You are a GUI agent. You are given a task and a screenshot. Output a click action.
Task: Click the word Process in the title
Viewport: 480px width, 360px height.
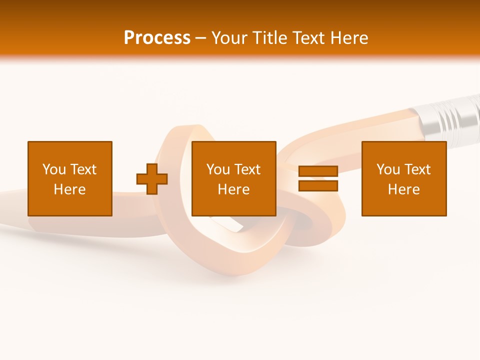point(157,38)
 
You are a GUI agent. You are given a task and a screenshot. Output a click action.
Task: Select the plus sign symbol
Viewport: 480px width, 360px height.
point(152,179)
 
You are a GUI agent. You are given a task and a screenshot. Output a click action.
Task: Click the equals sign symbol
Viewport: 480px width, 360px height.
point(318,178)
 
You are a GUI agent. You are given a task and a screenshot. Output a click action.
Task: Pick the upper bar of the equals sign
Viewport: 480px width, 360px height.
point(318,171)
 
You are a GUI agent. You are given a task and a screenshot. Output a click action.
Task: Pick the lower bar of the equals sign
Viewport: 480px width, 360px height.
point(318,185)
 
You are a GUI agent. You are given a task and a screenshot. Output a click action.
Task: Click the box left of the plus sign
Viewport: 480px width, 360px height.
point(70,178)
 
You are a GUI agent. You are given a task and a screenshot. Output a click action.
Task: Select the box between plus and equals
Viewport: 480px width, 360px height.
point(234,178)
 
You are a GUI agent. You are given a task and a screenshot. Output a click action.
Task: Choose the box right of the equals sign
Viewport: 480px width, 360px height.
point(404,178)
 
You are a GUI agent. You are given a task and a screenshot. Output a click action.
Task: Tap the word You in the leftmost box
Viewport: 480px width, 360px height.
point(53,169)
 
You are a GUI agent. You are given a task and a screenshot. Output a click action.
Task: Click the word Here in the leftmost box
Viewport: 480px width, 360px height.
point(70,189)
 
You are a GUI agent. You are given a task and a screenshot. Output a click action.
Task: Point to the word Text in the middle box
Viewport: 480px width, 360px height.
point(247,169)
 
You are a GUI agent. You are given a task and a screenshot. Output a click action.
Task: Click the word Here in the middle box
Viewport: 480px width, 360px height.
point(234,189)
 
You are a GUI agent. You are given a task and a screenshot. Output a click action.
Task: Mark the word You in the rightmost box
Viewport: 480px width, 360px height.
point(387,169)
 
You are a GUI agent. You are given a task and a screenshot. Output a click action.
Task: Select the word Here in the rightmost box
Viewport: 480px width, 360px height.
point(404,189)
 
